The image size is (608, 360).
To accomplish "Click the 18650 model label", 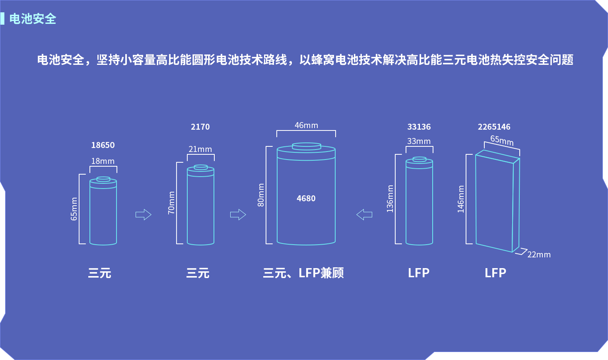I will pyautogui.click(x=103, y=145).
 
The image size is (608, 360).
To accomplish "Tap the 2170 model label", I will pyautogui.click(x=200, y=127).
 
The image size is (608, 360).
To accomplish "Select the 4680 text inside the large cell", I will pyautogui.click(x=306, y=198).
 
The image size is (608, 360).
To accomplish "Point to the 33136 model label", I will pyautogui.click(x=419, y=127).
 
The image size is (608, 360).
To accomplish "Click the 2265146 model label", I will pyautogui.click(x=494, y=127).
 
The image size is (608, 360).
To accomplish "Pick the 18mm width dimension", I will pyautogui.click(x=103, y=161).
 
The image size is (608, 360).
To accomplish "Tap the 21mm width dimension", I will pyautogui.click(x=200, y=149).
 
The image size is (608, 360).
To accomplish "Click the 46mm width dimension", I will pyautogui.click(x=306, y=125).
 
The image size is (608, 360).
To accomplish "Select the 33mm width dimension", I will pyautogui.click(x=419, y=141).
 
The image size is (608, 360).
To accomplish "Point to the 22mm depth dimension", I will pyautogui.click(x=539, y=255).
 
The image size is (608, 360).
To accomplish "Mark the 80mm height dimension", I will pyautogui.click(x=261, y=195).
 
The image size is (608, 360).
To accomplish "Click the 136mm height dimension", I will pyautogui.click(x=390, y=198).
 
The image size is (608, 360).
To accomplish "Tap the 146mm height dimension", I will pyautogui.click(x=461, y=199).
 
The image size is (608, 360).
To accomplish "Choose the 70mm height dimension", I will pyautogui.click(x=171, y=203).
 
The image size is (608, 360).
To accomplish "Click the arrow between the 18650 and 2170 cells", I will pyautogui.click(x=144, y=215).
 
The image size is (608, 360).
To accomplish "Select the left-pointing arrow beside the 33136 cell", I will pyautogui.click(x=364, y=215).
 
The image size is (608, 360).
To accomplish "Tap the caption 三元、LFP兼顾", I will pyautogui.click(x=303, y=273).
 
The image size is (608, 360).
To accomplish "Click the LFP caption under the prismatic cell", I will pyautogui.click(x=495, y=273).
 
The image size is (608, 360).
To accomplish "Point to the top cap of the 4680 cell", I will pyautogui.click(x=307, y=146).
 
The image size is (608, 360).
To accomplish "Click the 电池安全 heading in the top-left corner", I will pyautogui.click(x=33, y=19).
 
